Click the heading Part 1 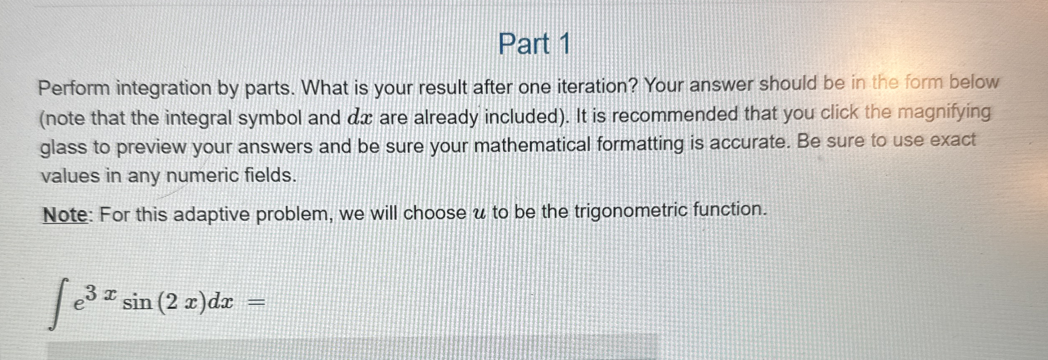coord(534,44)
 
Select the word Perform coord(74,88)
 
